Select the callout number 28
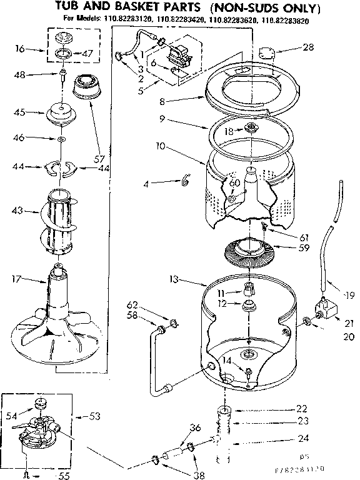307,47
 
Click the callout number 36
195,427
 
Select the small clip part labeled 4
185,182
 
